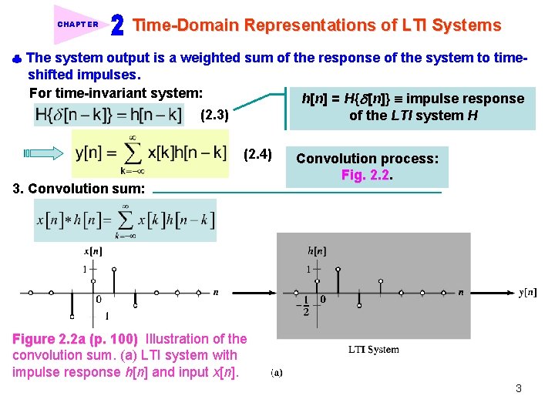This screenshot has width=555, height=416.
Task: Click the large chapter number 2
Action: pyautogui.click(x=117, y=26)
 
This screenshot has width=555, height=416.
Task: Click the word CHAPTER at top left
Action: pyautogui.click(x=78, y=24)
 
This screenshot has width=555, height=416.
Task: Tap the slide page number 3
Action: pyautogui.click(x=519, y=388)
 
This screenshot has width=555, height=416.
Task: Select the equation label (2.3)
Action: pyautogui.click(x=214, y=116)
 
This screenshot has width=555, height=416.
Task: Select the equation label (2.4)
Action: pyautogui.click(x=257, y=155)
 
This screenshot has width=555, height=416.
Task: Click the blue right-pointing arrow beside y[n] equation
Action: pyautogui.click(x=43, y=153)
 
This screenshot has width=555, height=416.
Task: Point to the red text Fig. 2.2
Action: pyautogui.click(x=367, y=175)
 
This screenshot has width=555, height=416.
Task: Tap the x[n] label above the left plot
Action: pyautogui.click(x=92, y=251)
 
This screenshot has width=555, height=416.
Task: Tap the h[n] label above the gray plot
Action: pyautogui.click(x=316, y=250)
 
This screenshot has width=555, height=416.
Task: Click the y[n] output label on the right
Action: pyautogui.click(x=527, y=292)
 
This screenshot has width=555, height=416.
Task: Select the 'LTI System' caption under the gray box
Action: pyautogui.click(x=374, y=350)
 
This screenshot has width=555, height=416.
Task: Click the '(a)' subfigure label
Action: pyautogui.click(x=276, y=373)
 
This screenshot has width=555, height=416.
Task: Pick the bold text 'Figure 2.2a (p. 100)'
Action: pyautogui.click(x=76, y=339)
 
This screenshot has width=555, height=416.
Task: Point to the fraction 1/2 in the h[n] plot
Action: pyautogui.click(x=305, y=305)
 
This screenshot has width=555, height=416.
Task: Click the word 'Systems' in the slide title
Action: pyautogui.click(x=466, y=25)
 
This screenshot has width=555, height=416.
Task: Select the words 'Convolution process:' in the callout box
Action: pyautogui.click(x=367, y=159)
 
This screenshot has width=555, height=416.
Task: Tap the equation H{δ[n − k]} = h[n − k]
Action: pyautogui.click(x=109, y=115)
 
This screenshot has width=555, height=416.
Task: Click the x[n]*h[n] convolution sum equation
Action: pyautogui.click(x=126, y=220)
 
